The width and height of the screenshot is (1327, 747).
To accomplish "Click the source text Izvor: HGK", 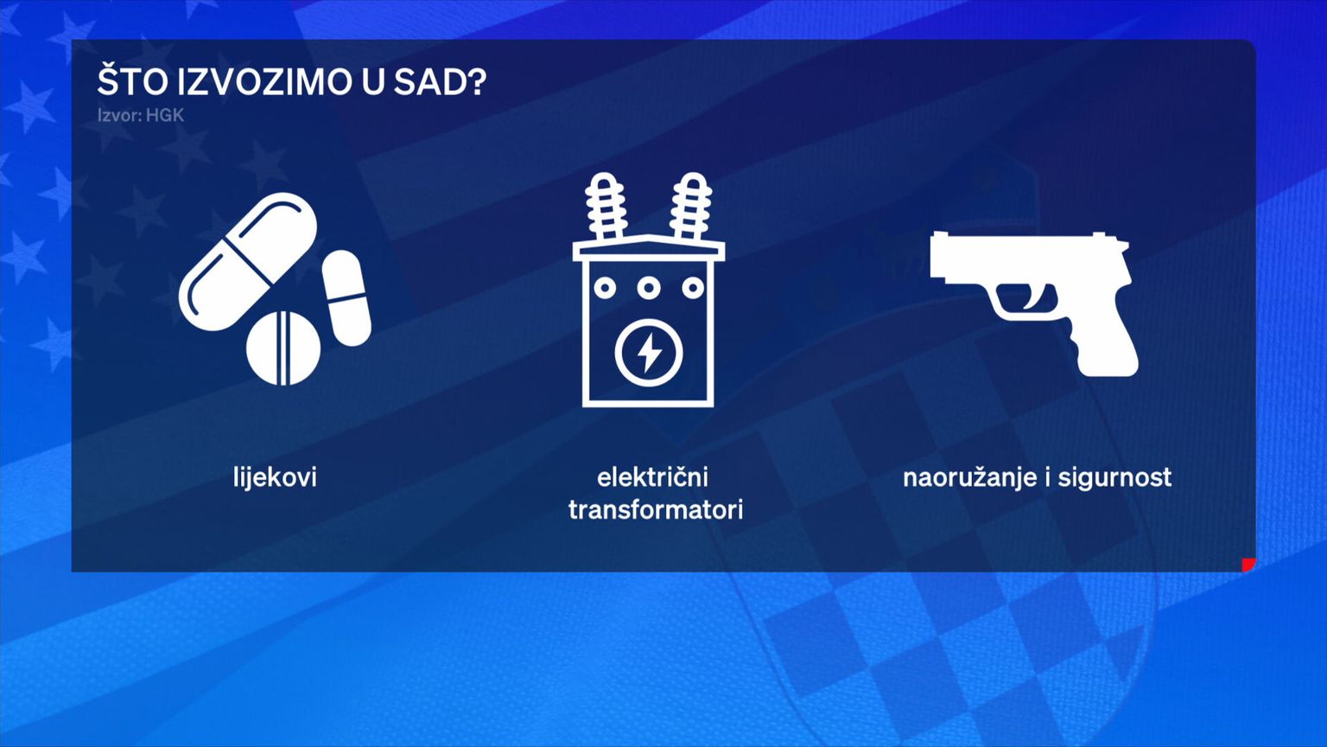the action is [x=141, y=115].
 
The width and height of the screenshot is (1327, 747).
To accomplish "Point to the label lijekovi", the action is [x=275, y=476].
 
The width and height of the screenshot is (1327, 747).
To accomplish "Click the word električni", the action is [x=652, y=476].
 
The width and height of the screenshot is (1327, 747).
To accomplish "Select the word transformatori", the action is [x=655, y=510].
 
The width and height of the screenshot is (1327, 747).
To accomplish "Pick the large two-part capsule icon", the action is [x=248, y=261].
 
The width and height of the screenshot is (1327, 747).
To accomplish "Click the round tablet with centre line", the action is [x=283, y=348].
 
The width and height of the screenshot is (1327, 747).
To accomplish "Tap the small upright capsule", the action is [x=346, y=298].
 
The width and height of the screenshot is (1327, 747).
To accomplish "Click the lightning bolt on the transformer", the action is [x=649, y=353].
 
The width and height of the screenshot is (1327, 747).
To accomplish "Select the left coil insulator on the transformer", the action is [x=606, y=207].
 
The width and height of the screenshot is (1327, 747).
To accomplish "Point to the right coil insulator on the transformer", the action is [x=691, y=207].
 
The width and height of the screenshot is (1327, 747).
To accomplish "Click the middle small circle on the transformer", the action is [x=649, y=288].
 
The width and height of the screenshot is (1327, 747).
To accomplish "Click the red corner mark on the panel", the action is [x=1250, y=565].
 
